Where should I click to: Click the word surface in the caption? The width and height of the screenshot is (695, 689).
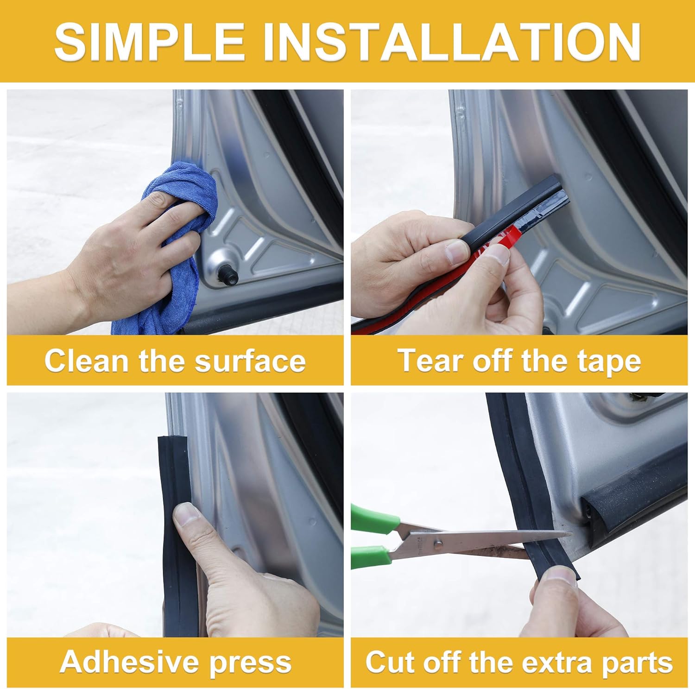tap(250, 361)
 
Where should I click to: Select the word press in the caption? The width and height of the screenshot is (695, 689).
tap(251, 664)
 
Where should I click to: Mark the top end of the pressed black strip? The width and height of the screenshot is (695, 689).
tap(172, 437)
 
